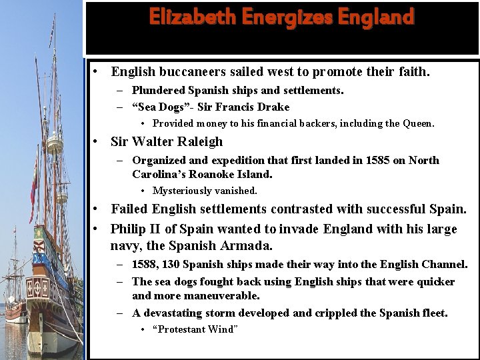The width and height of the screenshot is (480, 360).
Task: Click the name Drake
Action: click(x=274, y=107)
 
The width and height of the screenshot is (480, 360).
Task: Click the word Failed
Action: click(x=128, y=209)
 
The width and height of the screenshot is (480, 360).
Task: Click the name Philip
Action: click(x=129, y=229)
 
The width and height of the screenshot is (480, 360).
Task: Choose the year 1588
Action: click(x=145, y=265)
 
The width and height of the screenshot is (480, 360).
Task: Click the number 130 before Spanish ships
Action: click(x=171, y=265)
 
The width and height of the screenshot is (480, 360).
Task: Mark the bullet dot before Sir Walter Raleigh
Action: click(x=97, y=141)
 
